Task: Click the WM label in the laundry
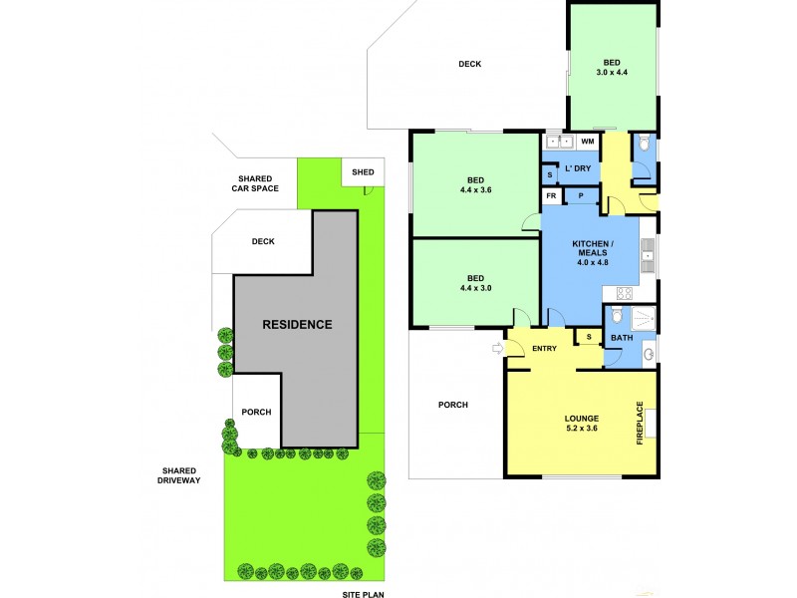tap(587, 143)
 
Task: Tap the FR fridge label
tap(551, 196)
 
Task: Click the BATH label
tap(622, 338)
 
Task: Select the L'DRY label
tap(578, 168)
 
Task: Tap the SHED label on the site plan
tap(363, 172)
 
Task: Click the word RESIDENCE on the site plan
tap(297, 324)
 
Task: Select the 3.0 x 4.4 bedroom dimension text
tap(612, 72)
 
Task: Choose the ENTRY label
tap(544, 348)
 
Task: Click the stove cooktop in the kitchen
tap(626, 293)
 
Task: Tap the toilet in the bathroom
tap(618, 318)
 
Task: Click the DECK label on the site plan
tap(263, 241)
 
